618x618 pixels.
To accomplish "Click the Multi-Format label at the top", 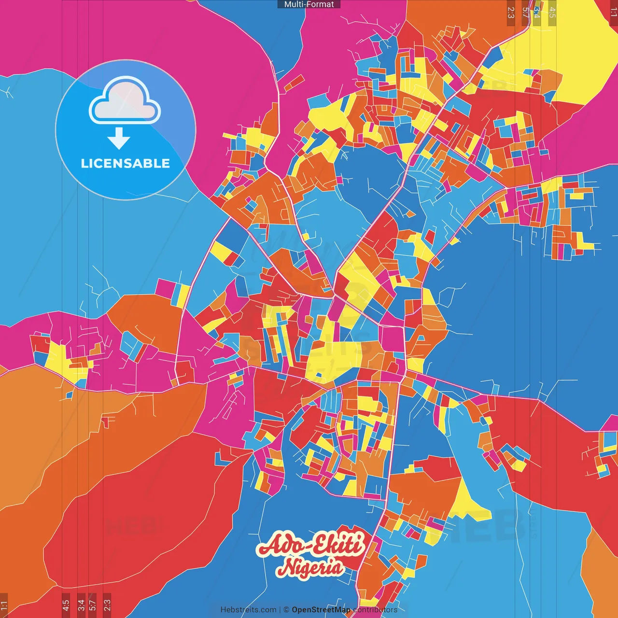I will [309, 4].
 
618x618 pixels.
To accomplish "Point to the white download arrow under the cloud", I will [119, 139].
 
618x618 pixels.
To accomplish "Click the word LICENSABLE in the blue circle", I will [126, 163].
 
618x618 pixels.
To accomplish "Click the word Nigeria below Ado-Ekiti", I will [310, 567].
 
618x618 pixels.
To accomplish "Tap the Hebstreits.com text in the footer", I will [248, 610].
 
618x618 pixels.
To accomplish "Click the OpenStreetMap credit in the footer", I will [321, 610].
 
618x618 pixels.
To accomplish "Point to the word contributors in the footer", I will [375, 610].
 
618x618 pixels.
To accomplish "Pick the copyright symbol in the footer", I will [286, 610].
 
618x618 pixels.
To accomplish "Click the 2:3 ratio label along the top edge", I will [511, 13].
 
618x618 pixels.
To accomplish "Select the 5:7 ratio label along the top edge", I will [525, 13].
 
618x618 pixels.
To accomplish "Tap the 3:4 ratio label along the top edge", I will [536, 13].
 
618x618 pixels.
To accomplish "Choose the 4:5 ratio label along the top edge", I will [552, 13].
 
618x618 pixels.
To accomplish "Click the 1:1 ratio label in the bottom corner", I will [4, 605].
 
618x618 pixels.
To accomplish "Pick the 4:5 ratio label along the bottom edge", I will [66, 605].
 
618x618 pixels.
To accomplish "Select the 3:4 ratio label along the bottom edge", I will [81, 605].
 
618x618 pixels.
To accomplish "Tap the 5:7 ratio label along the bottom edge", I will [93, 605].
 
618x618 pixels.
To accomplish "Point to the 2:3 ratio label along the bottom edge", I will [107, 605].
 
